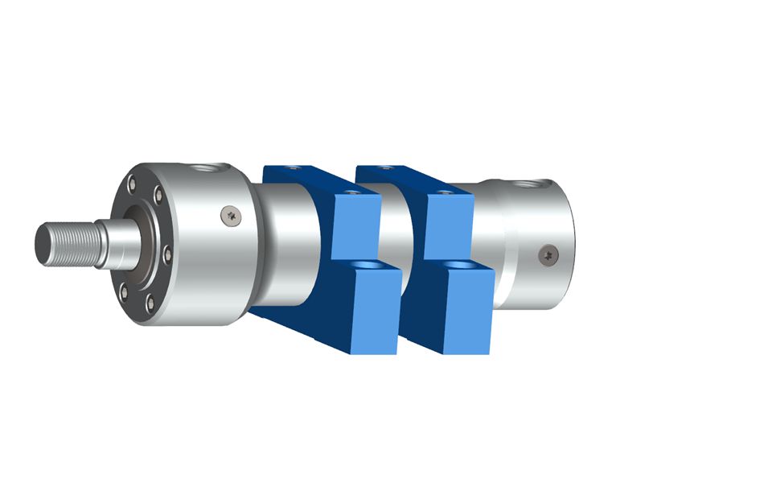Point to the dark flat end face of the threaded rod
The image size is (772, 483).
pos(43,242)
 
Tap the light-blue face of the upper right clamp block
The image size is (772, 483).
pos(448,225)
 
